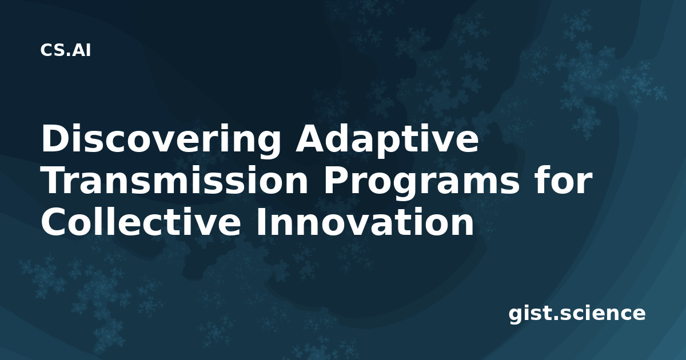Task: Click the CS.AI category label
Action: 66,50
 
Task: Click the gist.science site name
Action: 577,314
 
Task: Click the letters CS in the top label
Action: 53,50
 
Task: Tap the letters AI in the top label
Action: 82,50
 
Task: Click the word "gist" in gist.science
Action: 529,314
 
